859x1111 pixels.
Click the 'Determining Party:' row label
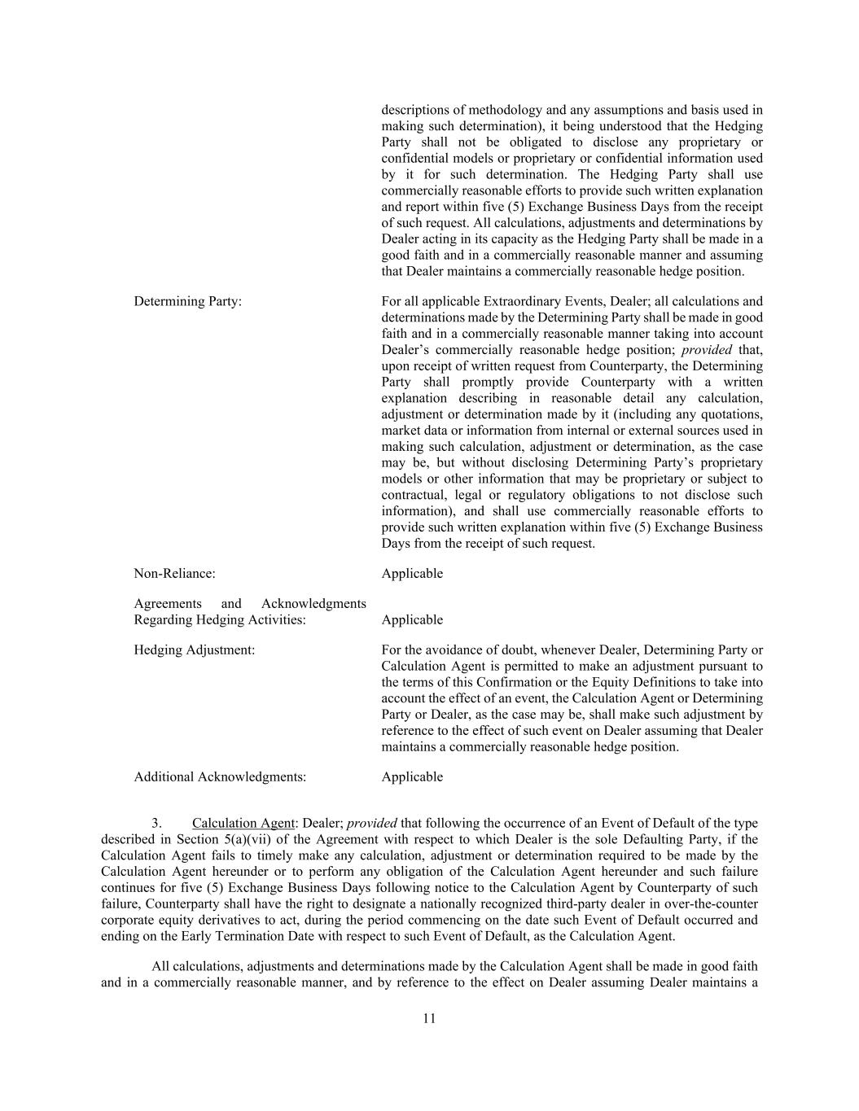click(187, 301)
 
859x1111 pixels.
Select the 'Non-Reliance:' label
click(174, 574)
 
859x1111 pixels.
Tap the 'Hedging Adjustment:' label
click(194, 650)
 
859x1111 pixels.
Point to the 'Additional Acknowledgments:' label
click(220, 777)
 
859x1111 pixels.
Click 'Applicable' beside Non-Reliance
click(412, 574)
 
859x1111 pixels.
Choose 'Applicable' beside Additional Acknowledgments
click(412, 777)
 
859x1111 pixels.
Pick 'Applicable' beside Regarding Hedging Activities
click(412, 620)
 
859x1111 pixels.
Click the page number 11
click(429, 1019)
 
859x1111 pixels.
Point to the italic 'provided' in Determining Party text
click(707, 350)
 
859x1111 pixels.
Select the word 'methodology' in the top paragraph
click(494, 110)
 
